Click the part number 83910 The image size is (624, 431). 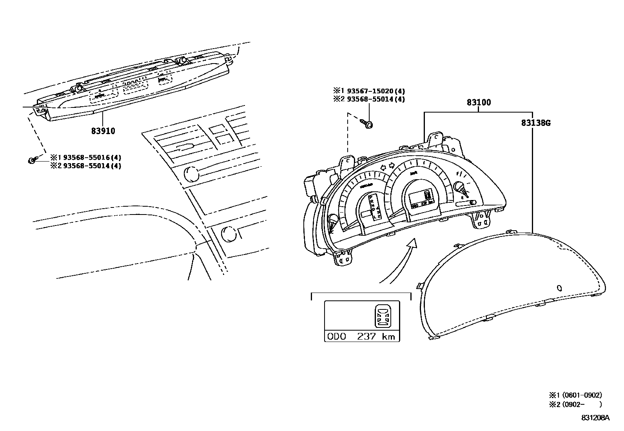[x=103, y=131]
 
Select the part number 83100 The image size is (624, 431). [x=479, y=102]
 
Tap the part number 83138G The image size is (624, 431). [x=536, y=123]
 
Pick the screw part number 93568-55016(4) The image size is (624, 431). [x=92, y=158]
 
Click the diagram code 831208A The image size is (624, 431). [x=595, y=418]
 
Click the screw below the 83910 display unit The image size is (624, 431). [x=32, y=160]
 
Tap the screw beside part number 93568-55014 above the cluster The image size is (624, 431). [x=368, y=124]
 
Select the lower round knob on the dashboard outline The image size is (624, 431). [x=229, y=234]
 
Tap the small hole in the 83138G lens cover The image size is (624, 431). [x=559, y=288]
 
